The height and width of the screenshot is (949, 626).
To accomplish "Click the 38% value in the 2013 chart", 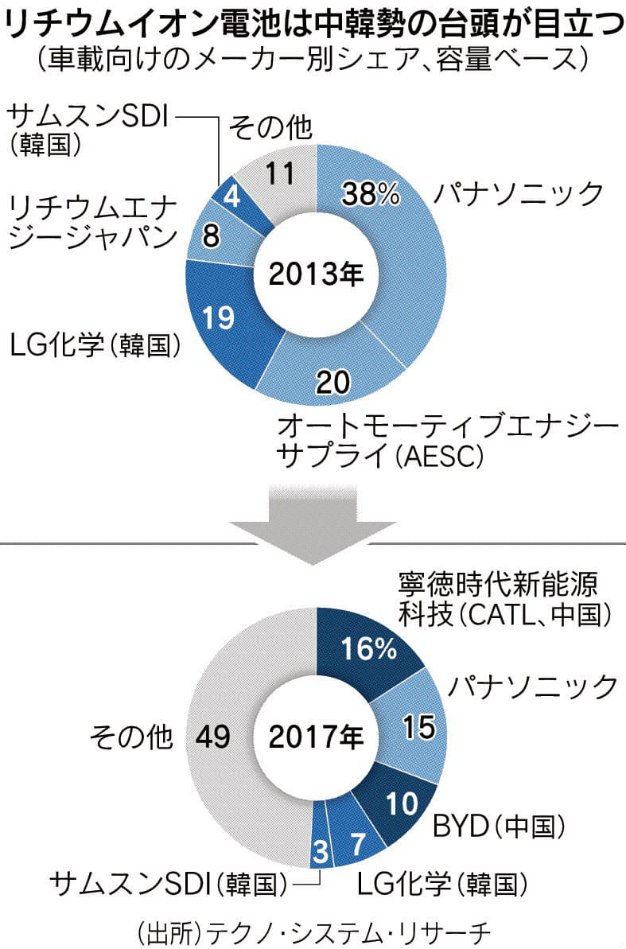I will [x=370, y=193].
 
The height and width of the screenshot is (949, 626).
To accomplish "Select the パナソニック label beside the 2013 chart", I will [x=518, y=194].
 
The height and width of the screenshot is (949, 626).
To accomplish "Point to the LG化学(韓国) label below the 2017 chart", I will [x=442, y=881].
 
